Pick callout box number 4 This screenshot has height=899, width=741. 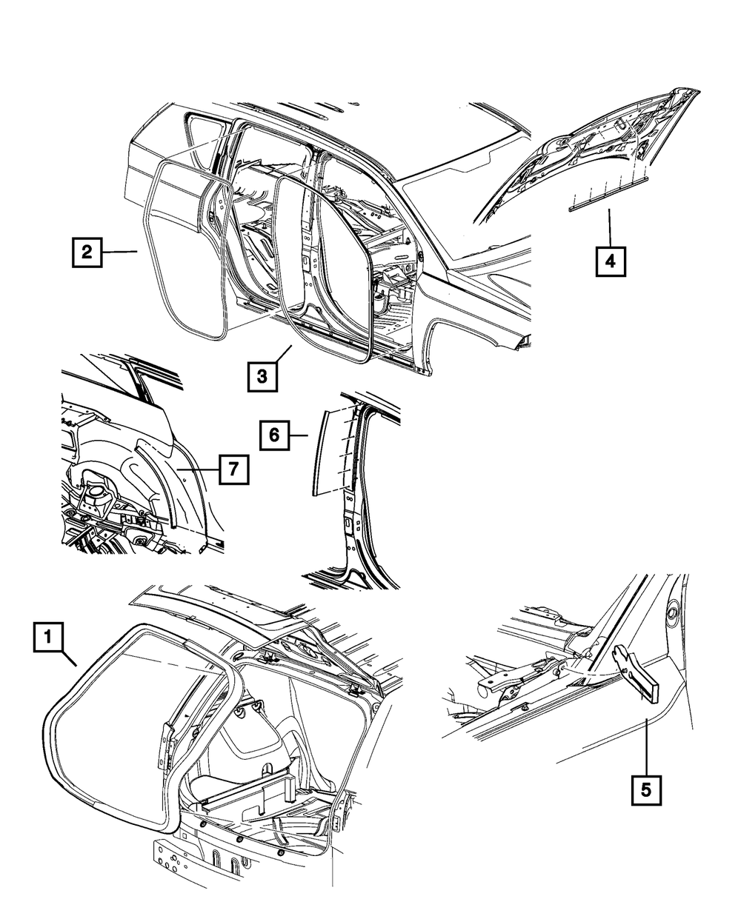610,261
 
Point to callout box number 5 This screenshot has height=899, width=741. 646,790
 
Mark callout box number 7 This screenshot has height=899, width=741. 231,469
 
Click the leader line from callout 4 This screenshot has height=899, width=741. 610,229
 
